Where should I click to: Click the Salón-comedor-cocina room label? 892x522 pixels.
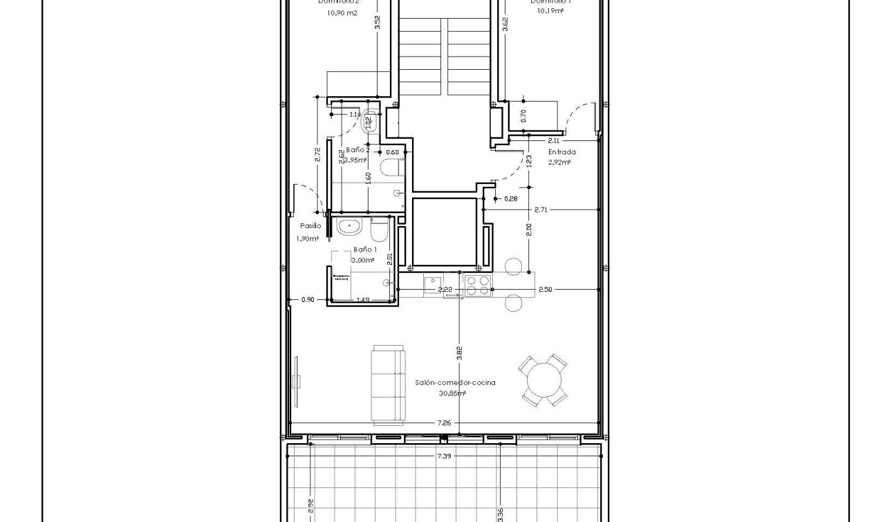point(455,382)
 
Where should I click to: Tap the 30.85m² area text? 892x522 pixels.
point(452,393)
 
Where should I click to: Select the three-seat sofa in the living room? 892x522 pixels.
point(388,384)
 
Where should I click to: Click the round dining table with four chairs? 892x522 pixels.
point(543,380)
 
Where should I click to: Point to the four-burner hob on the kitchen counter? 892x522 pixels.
point(478,286)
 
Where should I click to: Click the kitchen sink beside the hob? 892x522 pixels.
point(434,283)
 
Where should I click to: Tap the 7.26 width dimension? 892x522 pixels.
point(444,422)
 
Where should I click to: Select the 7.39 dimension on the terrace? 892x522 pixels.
point(445,456)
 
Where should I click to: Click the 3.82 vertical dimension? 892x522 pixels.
point(459,353)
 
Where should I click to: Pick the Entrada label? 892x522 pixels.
point(561,152)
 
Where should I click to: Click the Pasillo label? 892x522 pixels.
point(310,226)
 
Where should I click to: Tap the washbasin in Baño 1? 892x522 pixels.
point(349,226)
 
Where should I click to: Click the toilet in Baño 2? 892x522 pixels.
point(391,168)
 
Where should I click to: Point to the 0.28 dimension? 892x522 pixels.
point(511,199)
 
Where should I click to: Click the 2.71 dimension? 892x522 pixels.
point(541,209)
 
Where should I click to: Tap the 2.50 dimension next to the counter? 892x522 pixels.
point(545,290)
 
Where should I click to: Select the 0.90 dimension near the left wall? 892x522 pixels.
point(308,299)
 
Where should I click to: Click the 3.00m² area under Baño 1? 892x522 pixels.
point(363,261)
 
